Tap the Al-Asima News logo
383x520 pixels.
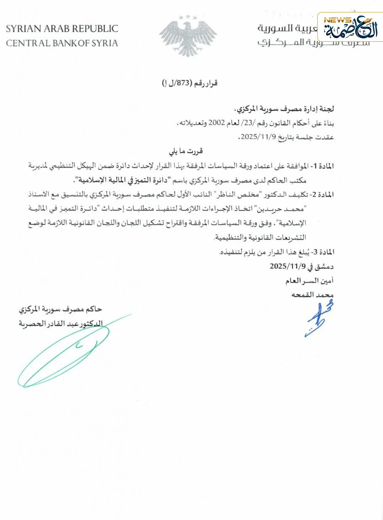point(350,27)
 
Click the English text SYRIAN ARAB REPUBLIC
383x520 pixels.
point(62,29)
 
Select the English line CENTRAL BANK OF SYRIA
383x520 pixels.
point(62,43)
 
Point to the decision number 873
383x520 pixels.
point(183,83)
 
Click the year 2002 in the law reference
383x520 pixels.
point(216,123)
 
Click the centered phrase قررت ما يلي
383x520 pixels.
point(186,151)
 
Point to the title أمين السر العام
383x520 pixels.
point(309,281)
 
